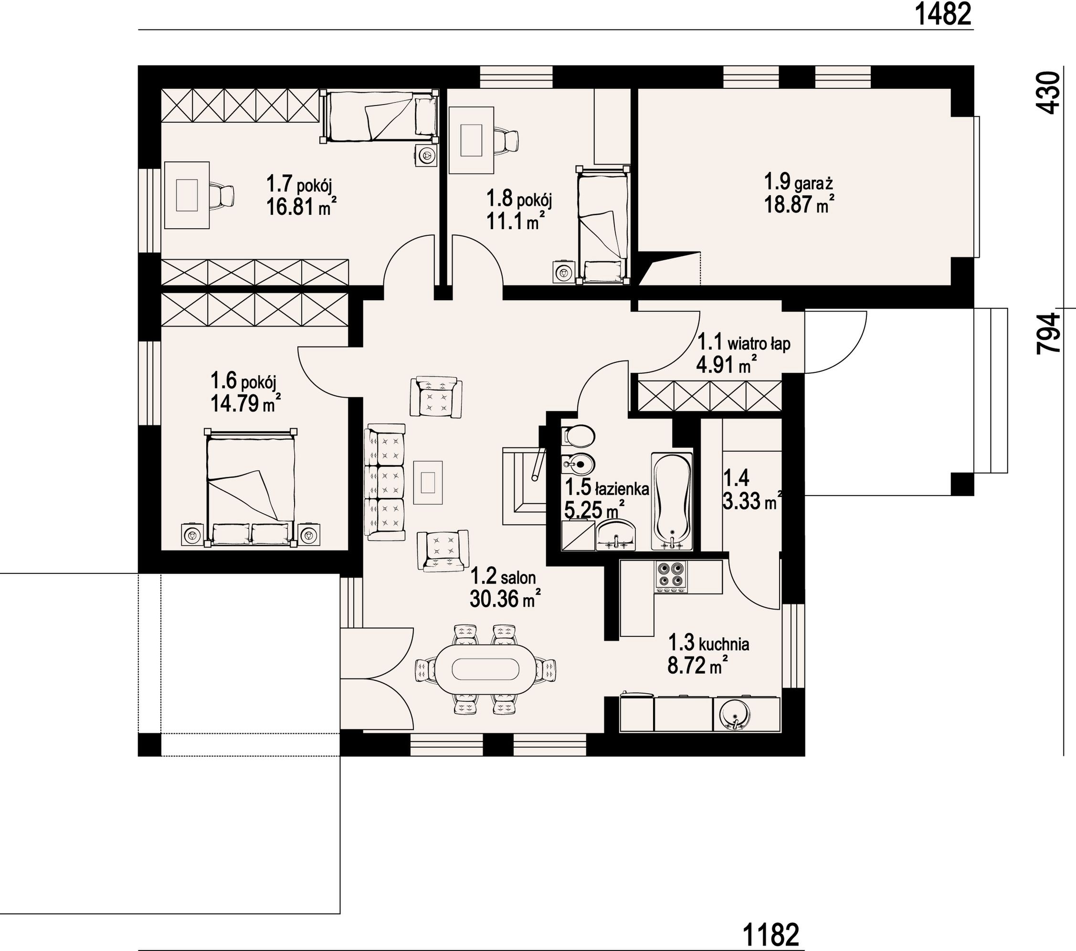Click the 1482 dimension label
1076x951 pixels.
tap(943, 14)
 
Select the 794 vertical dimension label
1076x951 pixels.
tap(1047, 333)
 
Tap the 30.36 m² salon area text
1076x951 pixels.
tap(506, 599)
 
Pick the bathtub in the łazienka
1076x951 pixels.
tap(672, 501)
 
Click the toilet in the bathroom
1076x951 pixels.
tap(578, 436)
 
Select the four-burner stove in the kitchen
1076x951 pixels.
tap(671, 577)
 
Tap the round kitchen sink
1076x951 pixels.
tap(732, 714)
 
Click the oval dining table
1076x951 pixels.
tap(485, 669)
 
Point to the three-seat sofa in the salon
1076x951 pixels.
tap(385, 481)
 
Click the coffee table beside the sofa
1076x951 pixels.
tap(427, 482)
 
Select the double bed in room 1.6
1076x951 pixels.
tap(251, 487)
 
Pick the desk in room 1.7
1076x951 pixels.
tap(187, 195)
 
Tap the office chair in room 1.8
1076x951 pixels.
tap(507, 141)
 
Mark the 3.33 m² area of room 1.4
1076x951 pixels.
tap(752, 501)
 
